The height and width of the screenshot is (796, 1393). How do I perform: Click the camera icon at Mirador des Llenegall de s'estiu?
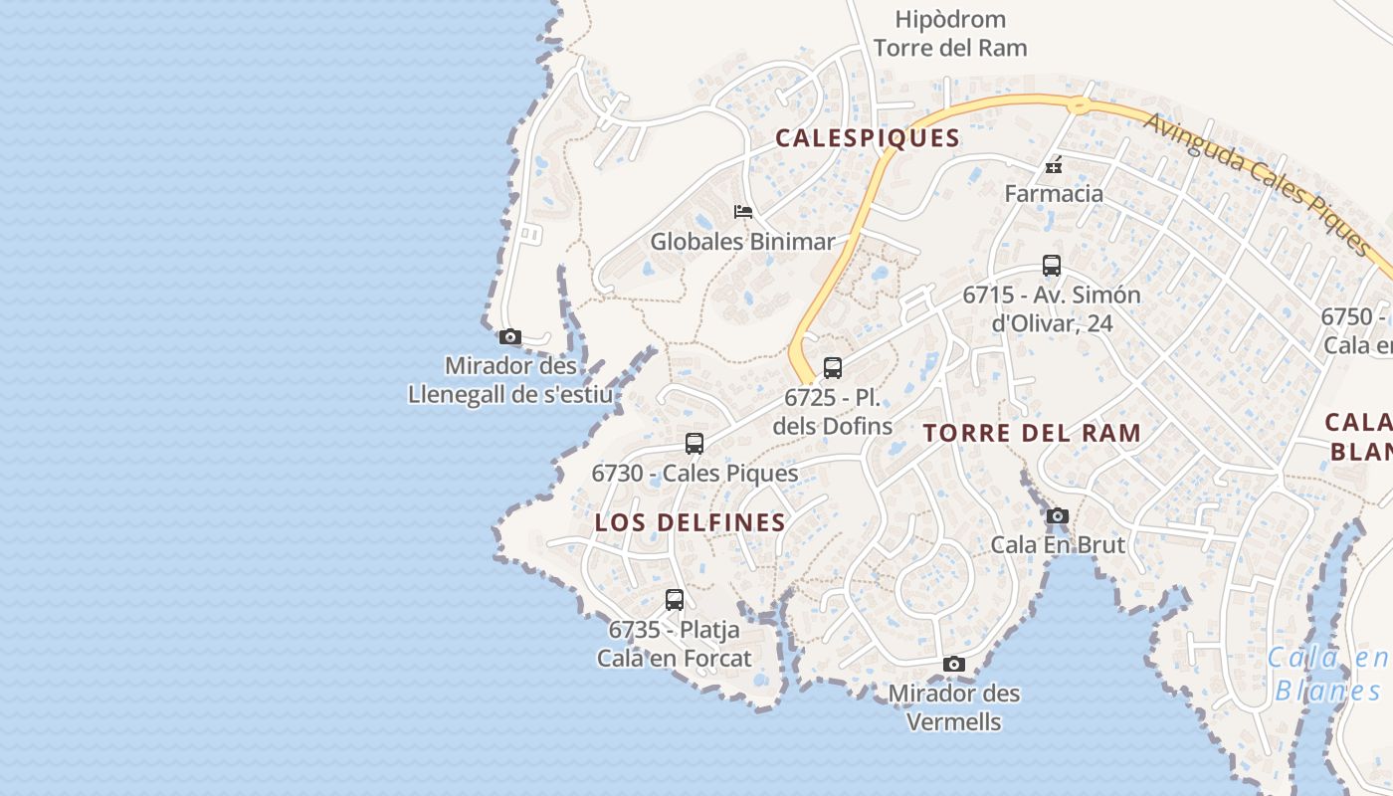tap(509, 337)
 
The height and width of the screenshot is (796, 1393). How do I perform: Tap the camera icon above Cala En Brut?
tap(1057, 515)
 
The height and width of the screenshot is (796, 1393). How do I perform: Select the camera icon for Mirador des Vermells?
tap(953, 664)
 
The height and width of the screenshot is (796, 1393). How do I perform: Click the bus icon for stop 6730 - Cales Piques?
tap(695, 444)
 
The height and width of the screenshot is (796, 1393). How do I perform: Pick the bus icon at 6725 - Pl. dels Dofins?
tap(833, 368)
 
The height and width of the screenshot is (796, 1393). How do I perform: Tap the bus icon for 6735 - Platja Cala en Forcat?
tap(675, 600)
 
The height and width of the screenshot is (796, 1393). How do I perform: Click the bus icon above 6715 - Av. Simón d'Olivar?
tap(1052, 266)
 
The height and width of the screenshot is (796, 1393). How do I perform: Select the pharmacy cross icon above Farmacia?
tap(1054, 165)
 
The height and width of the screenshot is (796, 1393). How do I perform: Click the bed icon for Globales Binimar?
tap(742, 211)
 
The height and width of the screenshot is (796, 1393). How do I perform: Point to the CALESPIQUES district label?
tap(868, 138)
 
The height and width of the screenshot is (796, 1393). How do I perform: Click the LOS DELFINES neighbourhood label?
tap(691, 522)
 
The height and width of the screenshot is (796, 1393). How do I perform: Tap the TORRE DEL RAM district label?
tap(1032, 433)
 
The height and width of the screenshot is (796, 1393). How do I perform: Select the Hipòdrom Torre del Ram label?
tap(949, 33)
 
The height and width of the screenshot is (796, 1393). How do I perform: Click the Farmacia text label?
tap(1054, 193)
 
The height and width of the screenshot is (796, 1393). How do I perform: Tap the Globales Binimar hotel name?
tap(742, 241)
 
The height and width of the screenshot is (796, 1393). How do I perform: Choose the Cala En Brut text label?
tap(1058, 544)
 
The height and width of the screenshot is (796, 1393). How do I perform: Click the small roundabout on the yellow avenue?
tap(1077, 103)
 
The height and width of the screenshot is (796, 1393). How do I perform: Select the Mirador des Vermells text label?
tap(954, 706)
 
